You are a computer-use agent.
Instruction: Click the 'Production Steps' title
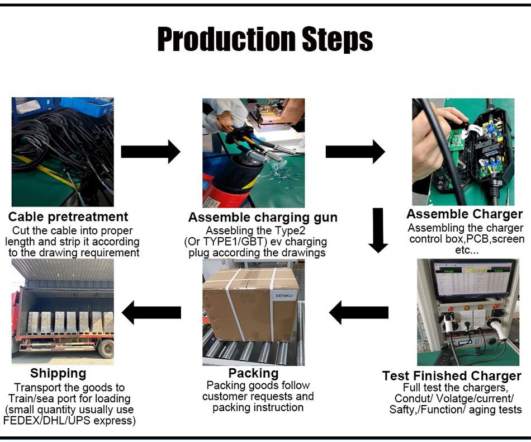pos(265,39)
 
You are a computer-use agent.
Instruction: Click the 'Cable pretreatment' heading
pos(68,217)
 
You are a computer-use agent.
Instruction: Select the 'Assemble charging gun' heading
pos(263,218)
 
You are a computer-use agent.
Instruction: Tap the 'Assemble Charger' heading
pos(464,214)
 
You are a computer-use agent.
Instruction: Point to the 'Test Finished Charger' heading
pos(452,376)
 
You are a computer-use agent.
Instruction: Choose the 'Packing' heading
pos(253,373)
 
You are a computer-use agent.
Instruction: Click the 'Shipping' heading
pos(58,373)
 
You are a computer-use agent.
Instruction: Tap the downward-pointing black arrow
pos(378,229)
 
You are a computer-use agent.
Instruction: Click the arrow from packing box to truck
pos(151,312)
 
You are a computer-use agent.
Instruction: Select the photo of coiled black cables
pos(63,152)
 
